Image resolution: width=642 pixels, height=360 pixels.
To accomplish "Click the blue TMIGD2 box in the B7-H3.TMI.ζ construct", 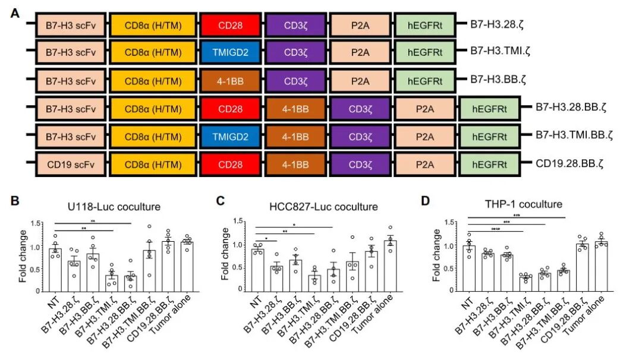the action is pos(231,53).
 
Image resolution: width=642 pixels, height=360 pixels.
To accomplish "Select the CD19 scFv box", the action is pos(70,165).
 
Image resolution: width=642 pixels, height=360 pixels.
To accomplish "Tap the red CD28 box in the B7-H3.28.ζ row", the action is pos(231,26).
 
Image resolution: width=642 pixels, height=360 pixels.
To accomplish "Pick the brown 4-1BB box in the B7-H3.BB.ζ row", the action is pos(231,81).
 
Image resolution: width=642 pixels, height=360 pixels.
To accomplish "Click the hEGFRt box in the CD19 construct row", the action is pos(490,165).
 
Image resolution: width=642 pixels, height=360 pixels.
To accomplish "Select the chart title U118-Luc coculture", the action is pos(114,207).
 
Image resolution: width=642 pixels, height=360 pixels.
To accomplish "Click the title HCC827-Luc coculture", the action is pos(323,207).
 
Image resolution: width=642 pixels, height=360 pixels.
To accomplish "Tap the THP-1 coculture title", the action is pos(524,204).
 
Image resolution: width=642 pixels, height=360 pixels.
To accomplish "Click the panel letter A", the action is pos(15,14).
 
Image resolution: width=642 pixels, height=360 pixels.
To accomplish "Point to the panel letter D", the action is pos(426,201).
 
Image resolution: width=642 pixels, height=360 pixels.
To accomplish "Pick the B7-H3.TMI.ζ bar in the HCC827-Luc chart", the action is pos(314,283).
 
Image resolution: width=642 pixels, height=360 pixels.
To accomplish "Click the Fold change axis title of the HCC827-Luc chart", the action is pos(225,254).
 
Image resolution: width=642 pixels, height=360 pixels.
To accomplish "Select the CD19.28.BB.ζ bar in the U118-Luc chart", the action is pos(168,266).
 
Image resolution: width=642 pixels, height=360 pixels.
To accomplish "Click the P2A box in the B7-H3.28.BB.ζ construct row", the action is pos(424,109).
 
